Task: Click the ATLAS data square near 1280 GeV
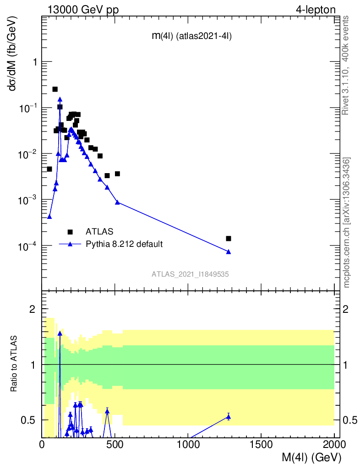click(x=229, y=238)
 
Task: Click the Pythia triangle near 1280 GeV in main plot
click(x=229, y=251)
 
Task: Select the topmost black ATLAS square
click(x=55, y=89)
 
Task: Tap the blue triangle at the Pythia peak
click(x=60, y=99)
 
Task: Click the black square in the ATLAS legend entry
click(x=70, y=231)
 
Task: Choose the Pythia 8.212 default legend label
click(x=124, y=244)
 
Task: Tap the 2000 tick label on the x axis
click(x=334, y=444)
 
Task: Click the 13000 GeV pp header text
click(x=83, y=10)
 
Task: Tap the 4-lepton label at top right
click(x=316, y=10)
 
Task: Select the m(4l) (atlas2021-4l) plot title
click(x=191, y=37)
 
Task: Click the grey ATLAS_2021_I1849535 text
click(x=191, y=274)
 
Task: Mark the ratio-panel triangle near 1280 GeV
click(x=229, y=416)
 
